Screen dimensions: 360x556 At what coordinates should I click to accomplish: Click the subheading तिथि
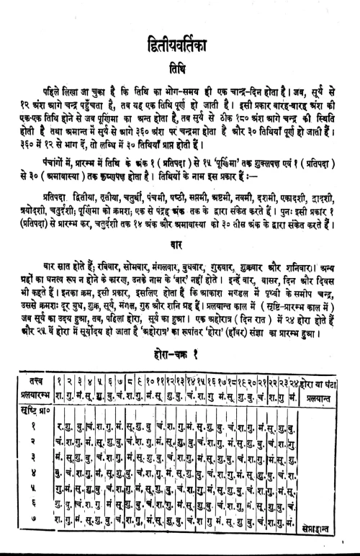[179, 63]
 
